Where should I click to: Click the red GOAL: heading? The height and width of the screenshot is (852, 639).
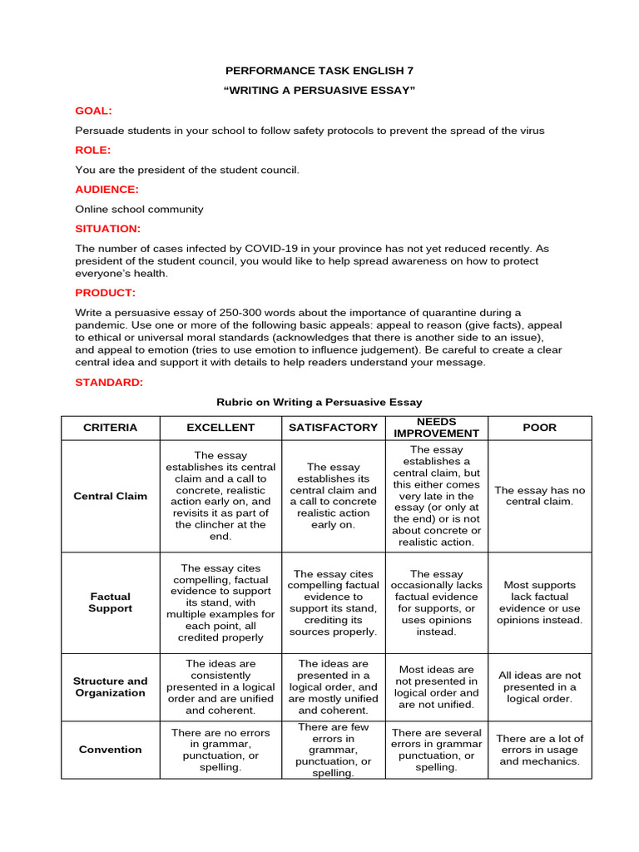(93, 111)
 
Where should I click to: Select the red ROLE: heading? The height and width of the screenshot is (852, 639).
(92, 150)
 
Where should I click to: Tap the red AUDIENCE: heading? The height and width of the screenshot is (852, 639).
(106, 189)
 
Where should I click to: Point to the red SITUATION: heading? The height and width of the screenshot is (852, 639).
(107, 228)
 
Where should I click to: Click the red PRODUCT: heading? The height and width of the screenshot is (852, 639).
(105, 292)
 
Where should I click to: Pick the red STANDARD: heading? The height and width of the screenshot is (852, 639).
(109, 382)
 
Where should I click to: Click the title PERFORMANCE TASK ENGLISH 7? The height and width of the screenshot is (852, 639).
(319, 71)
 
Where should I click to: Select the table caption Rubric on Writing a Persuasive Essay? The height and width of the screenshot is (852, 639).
(319, 402)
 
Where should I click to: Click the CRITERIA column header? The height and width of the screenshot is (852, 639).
(110, 428)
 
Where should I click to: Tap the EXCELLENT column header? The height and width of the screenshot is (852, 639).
(220, 428)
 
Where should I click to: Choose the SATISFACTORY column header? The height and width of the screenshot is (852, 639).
(333, 428)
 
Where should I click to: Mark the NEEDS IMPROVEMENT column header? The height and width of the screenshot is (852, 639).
(436, 428)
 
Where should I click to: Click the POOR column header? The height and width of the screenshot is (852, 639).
(539, 428)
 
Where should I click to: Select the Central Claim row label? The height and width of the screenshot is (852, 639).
(110, 496)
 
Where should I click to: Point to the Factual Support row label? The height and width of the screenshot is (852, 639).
(110, 602)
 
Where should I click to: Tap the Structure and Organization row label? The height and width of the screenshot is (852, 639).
(110, 686)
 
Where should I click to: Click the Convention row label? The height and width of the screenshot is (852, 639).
(110, 749)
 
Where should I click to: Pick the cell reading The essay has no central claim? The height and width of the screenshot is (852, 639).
(539, 496)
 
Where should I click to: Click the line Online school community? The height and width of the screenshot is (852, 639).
(139, 209)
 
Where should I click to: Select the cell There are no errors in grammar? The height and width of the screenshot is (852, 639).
(220, 750)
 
